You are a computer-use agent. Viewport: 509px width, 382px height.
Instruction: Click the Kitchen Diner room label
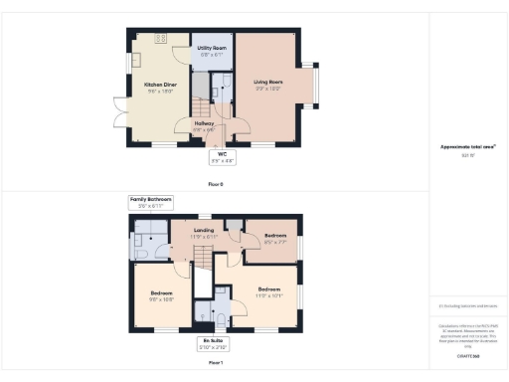point(159,88)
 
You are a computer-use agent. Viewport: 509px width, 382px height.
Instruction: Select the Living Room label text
point(269,87)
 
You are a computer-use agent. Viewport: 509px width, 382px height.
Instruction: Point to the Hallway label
point(205,126)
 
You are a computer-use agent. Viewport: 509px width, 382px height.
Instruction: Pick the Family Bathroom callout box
point(150,202)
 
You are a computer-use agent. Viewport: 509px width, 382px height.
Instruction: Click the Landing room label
point(204,236)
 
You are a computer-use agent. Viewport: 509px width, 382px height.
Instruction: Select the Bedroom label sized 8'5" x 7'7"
point(275,239)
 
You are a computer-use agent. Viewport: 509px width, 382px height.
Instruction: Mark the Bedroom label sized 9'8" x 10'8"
point(162,296)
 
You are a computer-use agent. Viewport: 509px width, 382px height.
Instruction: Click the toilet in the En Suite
point(222,321)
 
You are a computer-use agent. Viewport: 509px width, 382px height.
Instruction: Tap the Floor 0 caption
point(216,184)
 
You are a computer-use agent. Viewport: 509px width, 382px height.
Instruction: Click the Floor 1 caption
point(216,364)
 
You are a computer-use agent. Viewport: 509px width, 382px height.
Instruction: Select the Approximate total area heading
point(468,147)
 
